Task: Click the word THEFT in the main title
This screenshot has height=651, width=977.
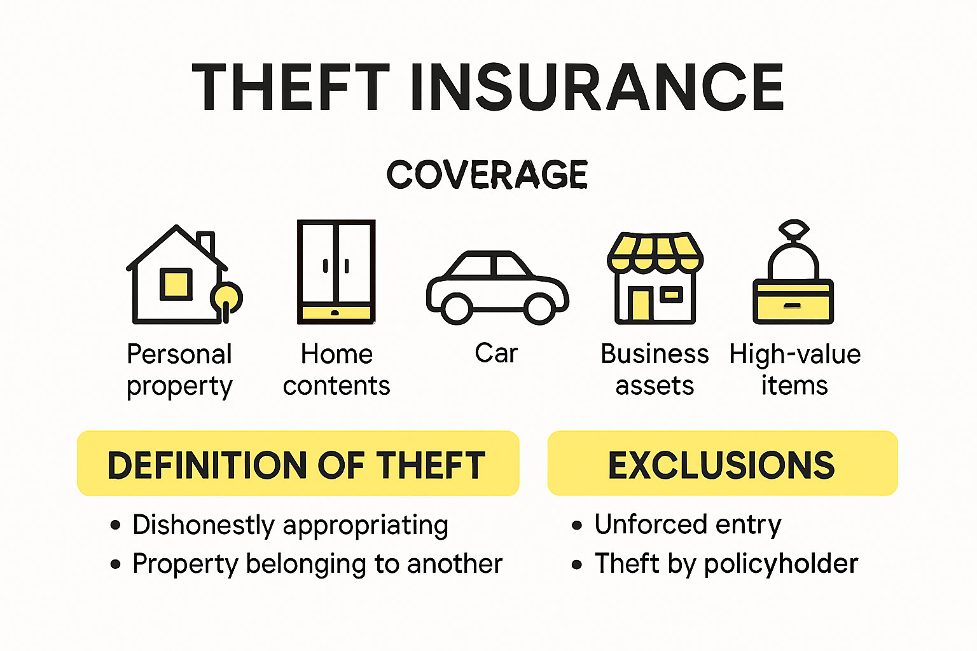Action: [291, 87]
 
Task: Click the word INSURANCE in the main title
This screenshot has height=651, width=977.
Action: [597, 87]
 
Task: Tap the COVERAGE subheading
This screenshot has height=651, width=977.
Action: [487, 175]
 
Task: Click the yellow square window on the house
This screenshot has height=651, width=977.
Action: [176, 284]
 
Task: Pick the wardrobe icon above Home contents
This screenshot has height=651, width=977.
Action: [336, 272]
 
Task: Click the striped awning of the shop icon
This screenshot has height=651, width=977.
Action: [655, 251]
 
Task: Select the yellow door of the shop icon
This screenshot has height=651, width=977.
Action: [640, 305]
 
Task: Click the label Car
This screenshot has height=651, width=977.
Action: [496, 353]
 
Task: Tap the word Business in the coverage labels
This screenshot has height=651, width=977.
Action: [655, 354]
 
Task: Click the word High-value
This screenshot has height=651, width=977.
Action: [794, 354]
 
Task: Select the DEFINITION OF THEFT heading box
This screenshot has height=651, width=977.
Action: [298, 463]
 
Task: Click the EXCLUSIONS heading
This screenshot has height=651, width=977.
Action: [722, 465]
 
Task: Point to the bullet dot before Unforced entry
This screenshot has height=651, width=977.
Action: [577, 525]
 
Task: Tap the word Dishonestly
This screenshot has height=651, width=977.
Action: [204, 525]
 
